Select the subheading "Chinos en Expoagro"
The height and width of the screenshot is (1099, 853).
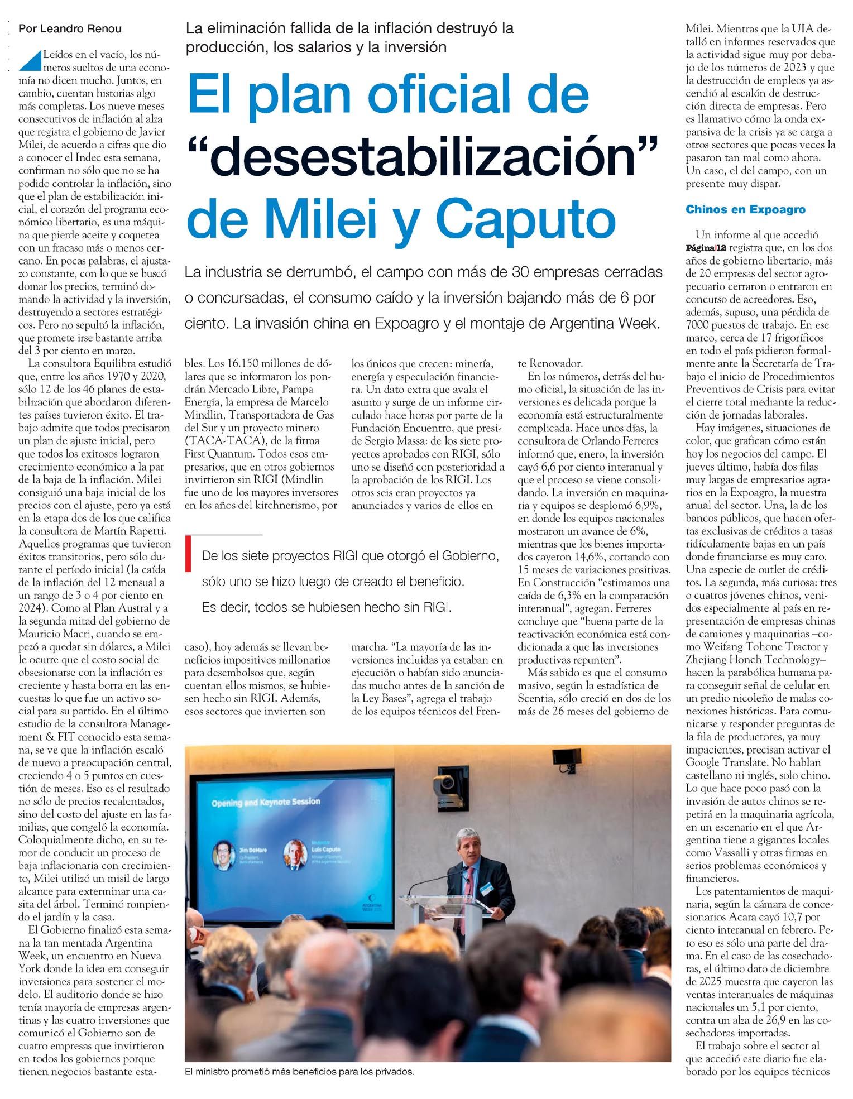[x=745, y=209]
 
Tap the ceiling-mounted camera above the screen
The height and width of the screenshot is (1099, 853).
[x=448, y=781]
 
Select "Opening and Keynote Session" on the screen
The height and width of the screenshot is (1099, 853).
[x=266, y=802]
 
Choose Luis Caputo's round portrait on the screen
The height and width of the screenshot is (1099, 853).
[x=294, y=855]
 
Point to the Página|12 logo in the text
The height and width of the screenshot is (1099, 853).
[x=706, y=248]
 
